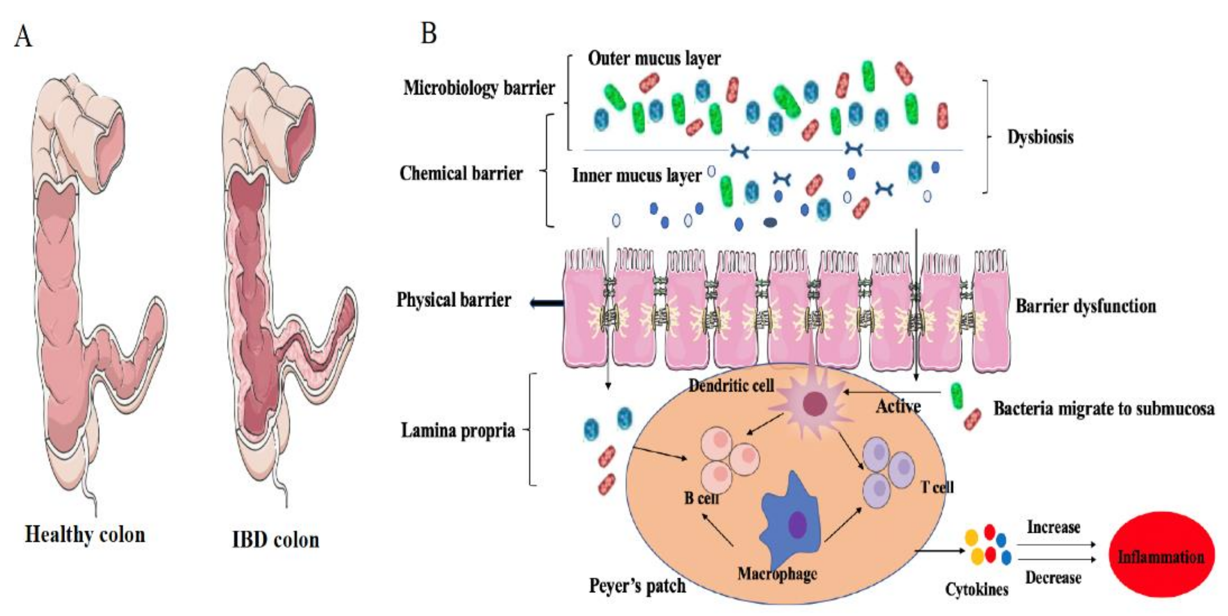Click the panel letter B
coord(428,33)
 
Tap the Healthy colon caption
coord(85,535)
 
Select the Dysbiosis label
coord(1040,137)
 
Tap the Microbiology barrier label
coord(479,88)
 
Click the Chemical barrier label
coord(461,173)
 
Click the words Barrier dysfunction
coord(1086,306)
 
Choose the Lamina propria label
coord(458,430)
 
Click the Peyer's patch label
coord(637,586)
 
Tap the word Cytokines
coord(977,589)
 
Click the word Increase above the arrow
coord(1053,527)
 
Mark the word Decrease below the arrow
coord(1053,577)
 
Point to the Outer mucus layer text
coord(654,58)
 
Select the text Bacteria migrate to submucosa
coord(1103,408)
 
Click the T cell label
coord(937,487)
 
